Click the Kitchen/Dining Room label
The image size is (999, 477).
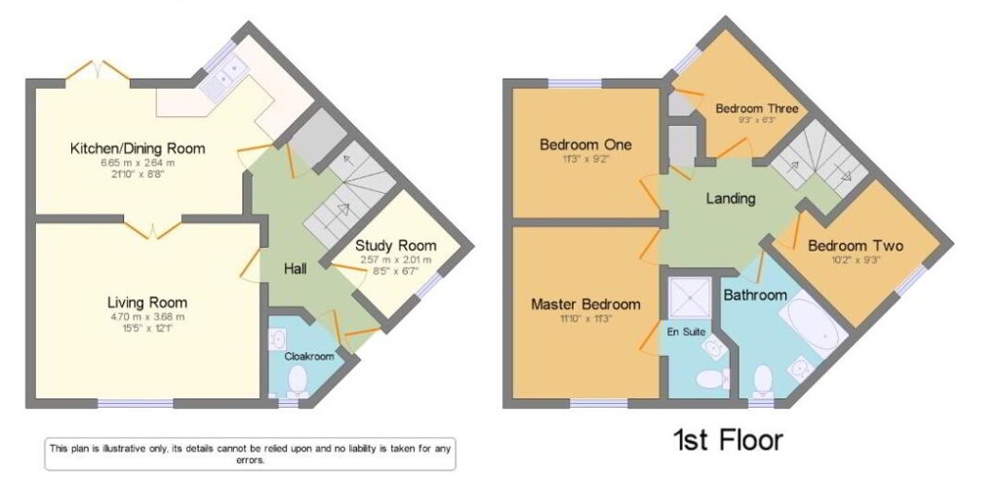tap(137, 148)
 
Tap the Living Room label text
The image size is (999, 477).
tap(147, 301)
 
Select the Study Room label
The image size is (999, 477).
tap(395, 245)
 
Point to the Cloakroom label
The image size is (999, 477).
tap(308, 357)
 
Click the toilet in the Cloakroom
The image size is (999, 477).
tap(298, 381)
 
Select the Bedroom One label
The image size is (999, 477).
tap(585, 144)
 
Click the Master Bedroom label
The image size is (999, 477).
tap(585, 304)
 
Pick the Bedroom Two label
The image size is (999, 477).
tap(856, 246)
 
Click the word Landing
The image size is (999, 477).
tap(731, 198)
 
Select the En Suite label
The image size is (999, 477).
tap(687, 332)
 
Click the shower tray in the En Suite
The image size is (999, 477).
tap(690, 298)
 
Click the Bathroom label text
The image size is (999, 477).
tap(754, 295)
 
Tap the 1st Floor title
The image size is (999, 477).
tap(727, 440)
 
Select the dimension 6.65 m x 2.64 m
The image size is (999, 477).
tap(137, 162)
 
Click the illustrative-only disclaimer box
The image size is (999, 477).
tap(250, 454)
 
